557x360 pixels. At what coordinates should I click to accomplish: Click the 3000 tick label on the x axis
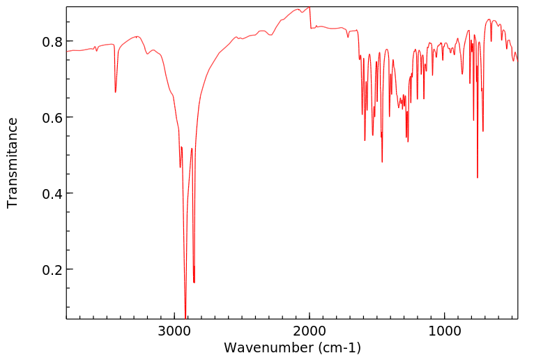174,331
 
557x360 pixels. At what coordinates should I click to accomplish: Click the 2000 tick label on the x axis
310,331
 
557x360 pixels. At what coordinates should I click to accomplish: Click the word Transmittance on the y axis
12,163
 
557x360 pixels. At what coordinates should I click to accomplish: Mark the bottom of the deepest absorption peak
185,317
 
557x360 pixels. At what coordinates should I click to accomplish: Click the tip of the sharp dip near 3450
116,92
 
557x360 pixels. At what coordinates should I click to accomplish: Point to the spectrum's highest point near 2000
309,7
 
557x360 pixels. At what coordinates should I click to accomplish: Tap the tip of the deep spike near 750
478,177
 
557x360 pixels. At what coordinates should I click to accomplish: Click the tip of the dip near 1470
382,162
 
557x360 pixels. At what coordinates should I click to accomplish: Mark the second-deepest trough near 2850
194,282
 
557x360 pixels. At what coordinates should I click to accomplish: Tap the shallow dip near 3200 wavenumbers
147,54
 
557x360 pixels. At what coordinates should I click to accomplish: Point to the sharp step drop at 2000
310,17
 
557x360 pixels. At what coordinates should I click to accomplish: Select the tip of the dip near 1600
365,140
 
